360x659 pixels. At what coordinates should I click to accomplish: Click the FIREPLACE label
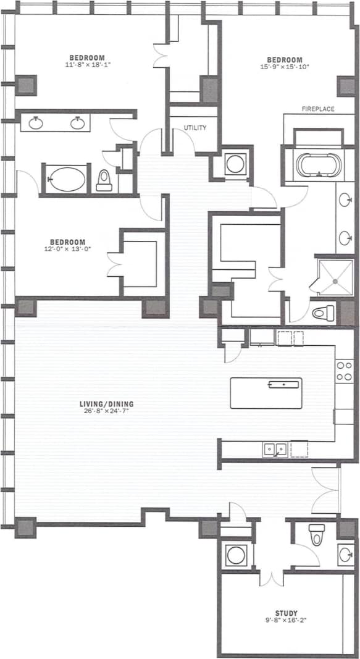[x=318, y=109]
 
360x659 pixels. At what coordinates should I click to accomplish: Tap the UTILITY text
[x=194, y=128]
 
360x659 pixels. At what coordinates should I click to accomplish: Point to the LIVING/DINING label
[x=106, y=405]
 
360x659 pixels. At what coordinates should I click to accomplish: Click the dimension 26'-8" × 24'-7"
[x=106, y=412]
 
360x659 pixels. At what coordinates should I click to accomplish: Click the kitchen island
[x=266, y=393]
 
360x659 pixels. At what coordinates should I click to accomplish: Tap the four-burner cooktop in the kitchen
[x=344, y=371]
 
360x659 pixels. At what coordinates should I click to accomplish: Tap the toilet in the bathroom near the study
[x=316, y=535]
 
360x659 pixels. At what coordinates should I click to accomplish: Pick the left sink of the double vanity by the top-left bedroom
[x=36, y=123]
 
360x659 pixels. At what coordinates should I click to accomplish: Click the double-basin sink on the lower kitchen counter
[x=275, y=448]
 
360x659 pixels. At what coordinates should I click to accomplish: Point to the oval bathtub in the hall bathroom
[x=66, y=180]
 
